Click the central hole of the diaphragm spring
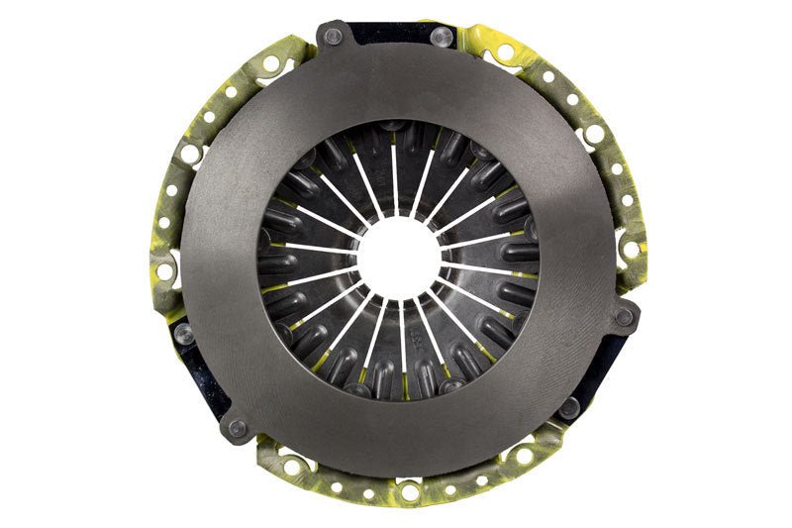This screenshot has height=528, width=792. point(399,259)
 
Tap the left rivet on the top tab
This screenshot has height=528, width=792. point(333,37)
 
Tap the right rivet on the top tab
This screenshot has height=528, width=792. point(444,36)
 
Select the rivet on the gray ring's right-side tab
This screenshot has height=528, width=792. point(624,317)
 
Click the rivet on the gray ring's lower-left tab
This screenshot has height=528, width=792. point(237,428)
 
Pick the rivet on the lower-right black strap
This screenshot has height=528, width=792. point(569,406)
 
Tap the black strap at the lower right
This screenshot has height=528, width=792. point(606,367)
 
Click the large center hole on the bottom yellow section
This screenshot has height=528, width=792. point(408,490)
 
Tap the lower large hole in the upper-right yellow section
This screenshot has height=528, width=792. point(595,133)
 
